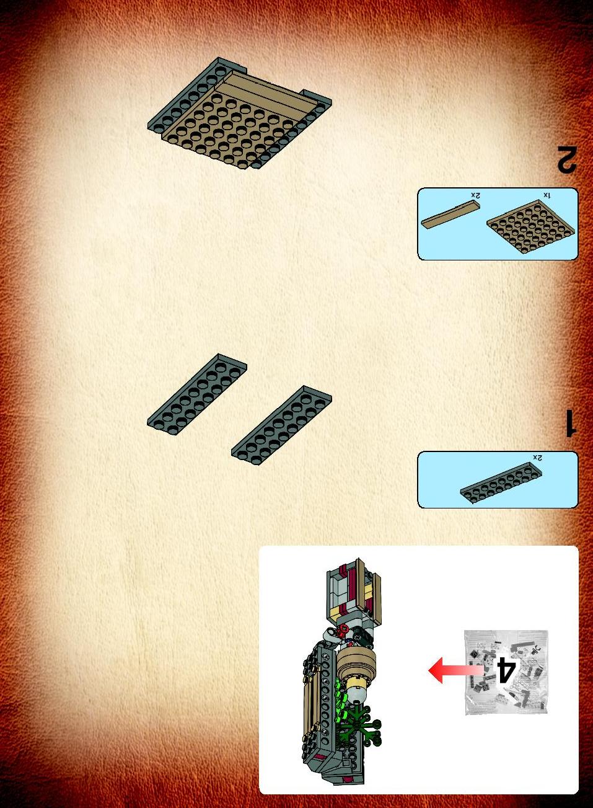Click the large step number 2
tap(567, 158)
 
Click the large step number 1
tap(570, 423)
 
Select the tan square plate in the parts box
tap(530, 230)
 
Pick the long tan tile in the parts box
tap(450, 215)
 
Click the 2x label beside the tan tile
tap(476, 195)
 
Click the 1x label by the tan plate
tap(547, 195)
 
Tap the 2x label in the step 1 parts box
tap(537, 458)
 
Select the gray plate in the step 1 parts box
tap(501, 482)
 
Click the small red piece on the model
tap(343, 631)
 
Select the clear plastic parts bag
tap(506, 672)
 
